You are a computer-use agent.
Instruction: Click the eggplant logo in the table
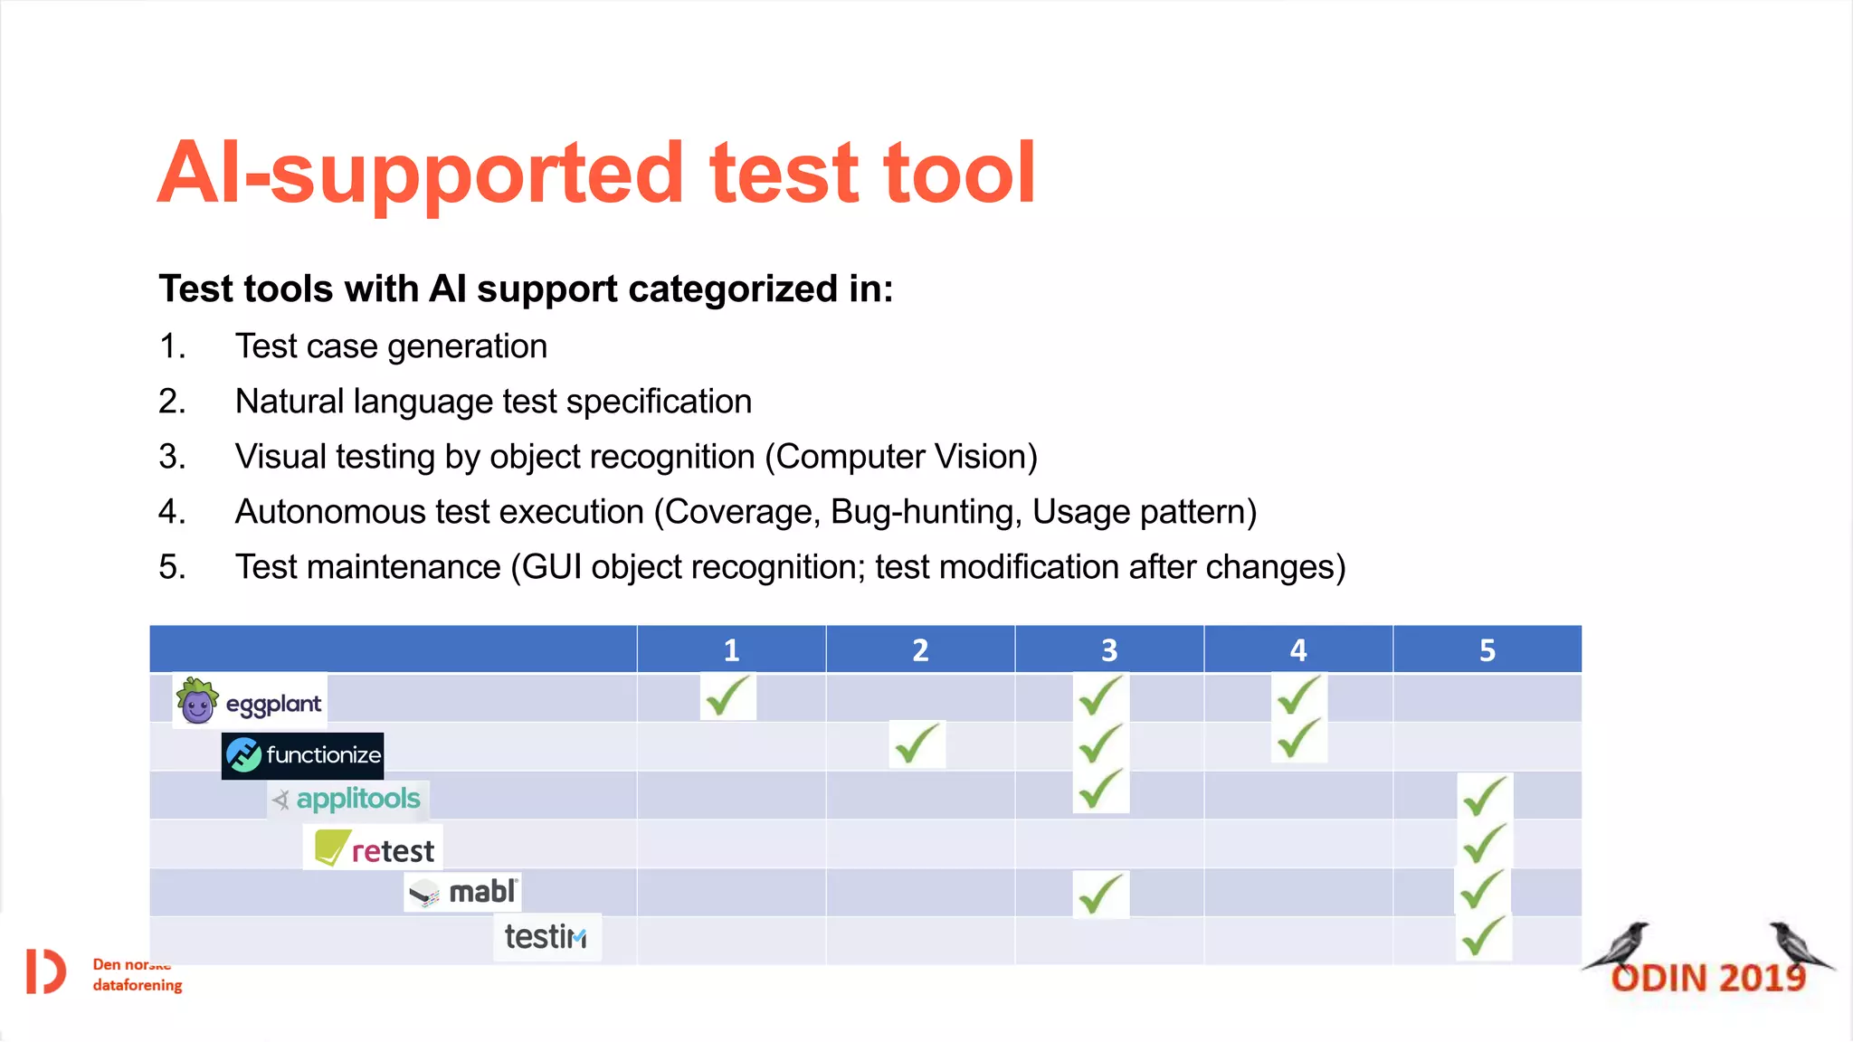(250, 701)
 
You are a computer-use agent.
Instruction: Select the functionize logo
(303, 755)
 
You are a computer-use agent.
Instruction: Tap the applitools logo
(348, 800)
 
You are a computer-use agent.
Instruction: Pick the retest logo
(374, 848)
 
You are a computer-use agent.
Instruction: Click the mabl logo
(462, 892)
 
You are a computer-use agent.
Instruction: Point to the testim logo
(546, 937)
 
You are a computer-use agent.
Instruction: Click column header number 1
(731, 649)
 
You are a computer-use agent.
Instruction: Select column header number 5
(1487, 649)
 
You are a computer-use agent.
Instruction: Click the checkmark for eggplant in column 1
(727, 696)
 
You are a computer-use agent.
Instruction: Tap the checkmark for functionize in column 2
(917, 744)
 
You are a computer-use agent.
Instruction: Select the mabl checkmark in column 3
(1100, 894)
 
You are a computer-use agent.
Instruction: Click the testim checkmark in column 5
(1483, 936)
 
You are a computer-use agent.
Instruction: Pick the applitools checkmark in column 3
(1100, 790)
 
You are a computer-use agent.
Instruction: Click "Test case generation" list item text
(391, 346)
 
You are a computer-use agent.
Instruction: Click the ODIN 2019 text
(1708, 978)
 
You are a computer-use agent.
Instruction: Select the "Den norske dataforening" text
(137, 975)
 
